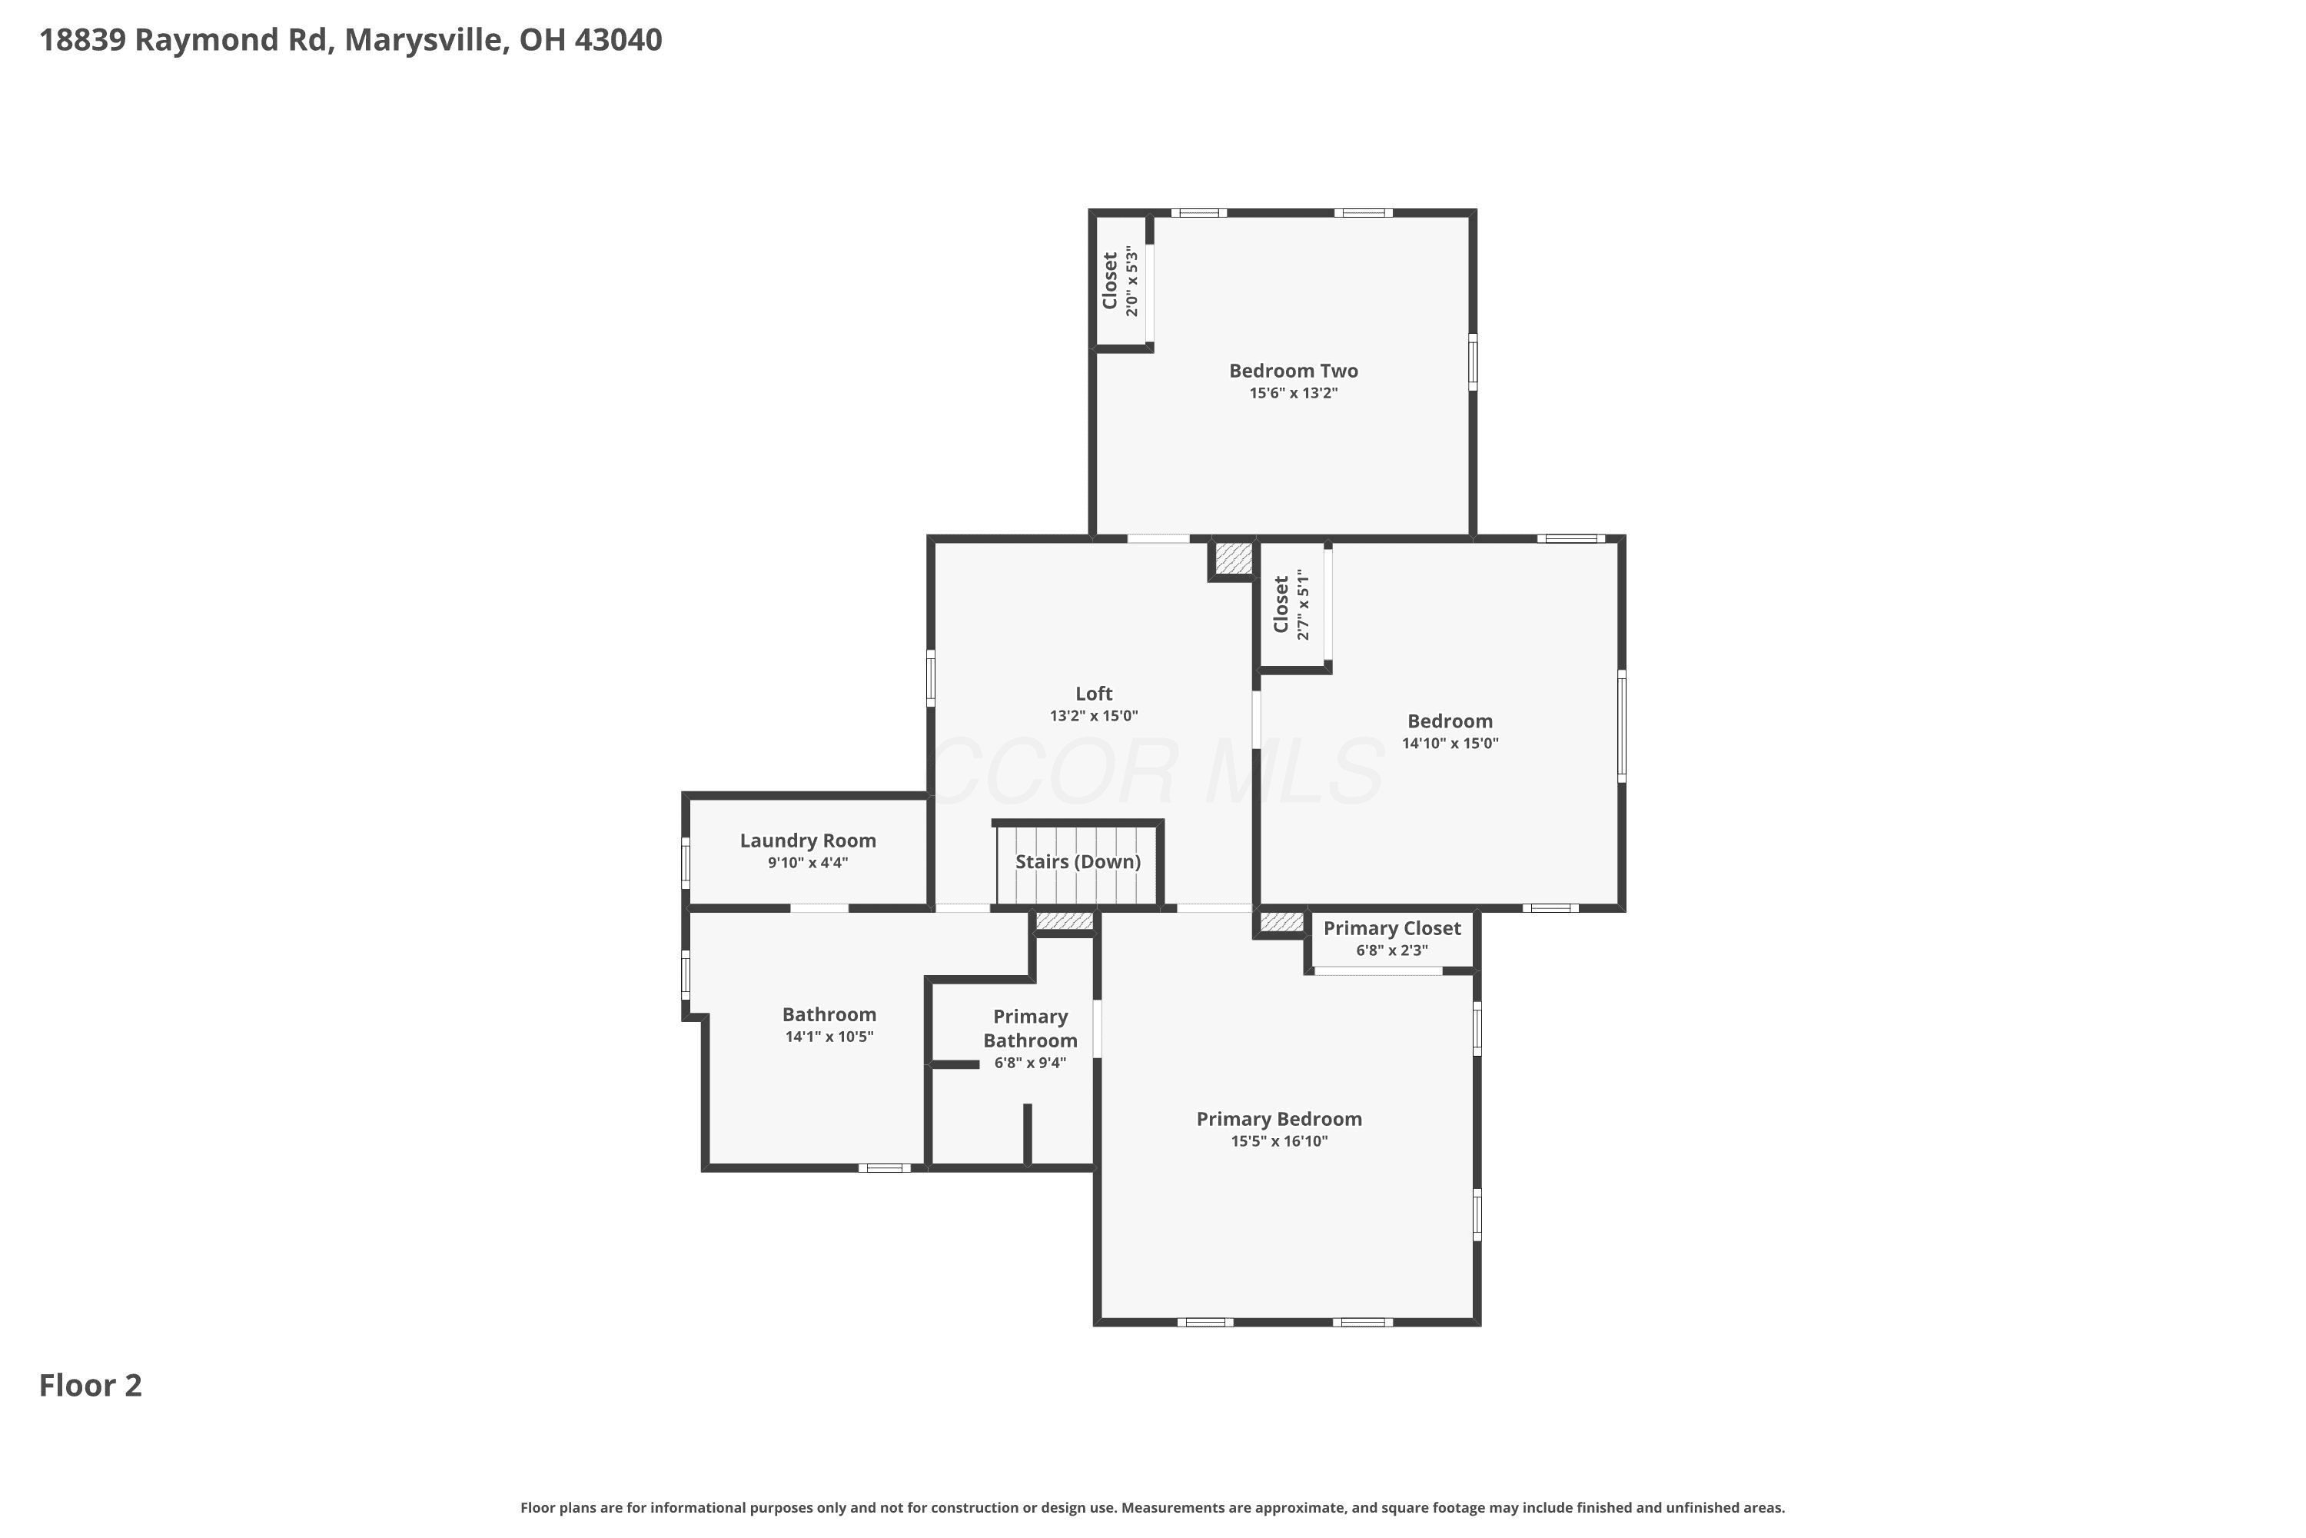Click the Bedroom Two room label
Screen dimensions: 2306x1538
(1293, 371)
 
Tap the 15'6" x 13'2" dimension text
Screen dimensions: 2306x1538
(1293, 393)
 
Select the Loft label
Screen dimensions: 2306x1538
(1094, 694)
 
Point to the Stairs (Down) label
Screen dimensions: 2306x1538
(1078, 862)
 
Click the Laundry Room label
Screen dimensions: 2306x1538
(808, 841)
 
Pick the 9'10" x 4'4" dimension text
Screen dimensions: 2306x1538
(808, 863)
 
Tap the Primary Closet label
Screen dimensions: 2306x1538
(1392, 929)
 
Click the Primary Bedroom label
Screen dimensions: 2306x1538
(1280, 1119)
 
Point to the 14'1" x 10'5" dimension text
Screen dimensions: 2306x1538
(829, 1037)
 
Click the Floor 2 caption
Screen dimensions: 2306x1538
(90, 1386)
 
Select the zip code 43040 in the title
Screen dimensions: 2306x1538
(618, 40)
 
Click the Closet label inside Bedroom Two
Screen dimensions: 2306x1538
(1110, 281)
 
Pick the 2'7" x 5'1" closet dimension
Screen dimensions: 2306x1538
(1303, 605)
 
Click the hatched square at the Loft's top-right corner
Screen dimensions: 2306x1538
(1234, 558)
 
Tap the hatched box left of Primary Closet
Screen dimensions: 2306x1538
(1281, 922)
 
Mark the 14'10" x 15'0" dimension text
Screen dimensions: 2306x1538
(1450, 744)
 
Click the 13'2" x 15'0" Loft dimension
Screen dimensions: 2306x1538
(1094, 716)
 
